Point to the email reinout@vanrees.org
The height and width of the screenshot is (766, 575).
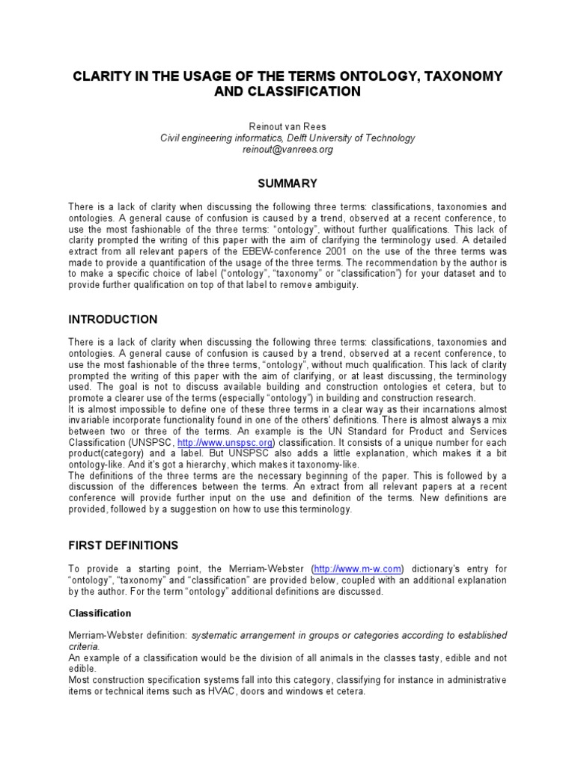tap(287, 149)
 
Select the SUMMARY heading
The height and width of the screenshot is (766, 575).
tap(287, 183)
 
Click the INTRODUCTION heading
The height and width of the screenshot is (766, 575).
tap(113, 319)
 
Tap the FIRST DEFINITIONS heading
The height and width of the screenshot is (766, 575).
tap(123, 545)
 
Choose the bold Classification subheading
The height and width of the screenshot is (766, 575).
tap(100, 613)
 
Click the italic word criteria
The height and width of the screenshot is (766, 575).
tap(84, 646)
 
